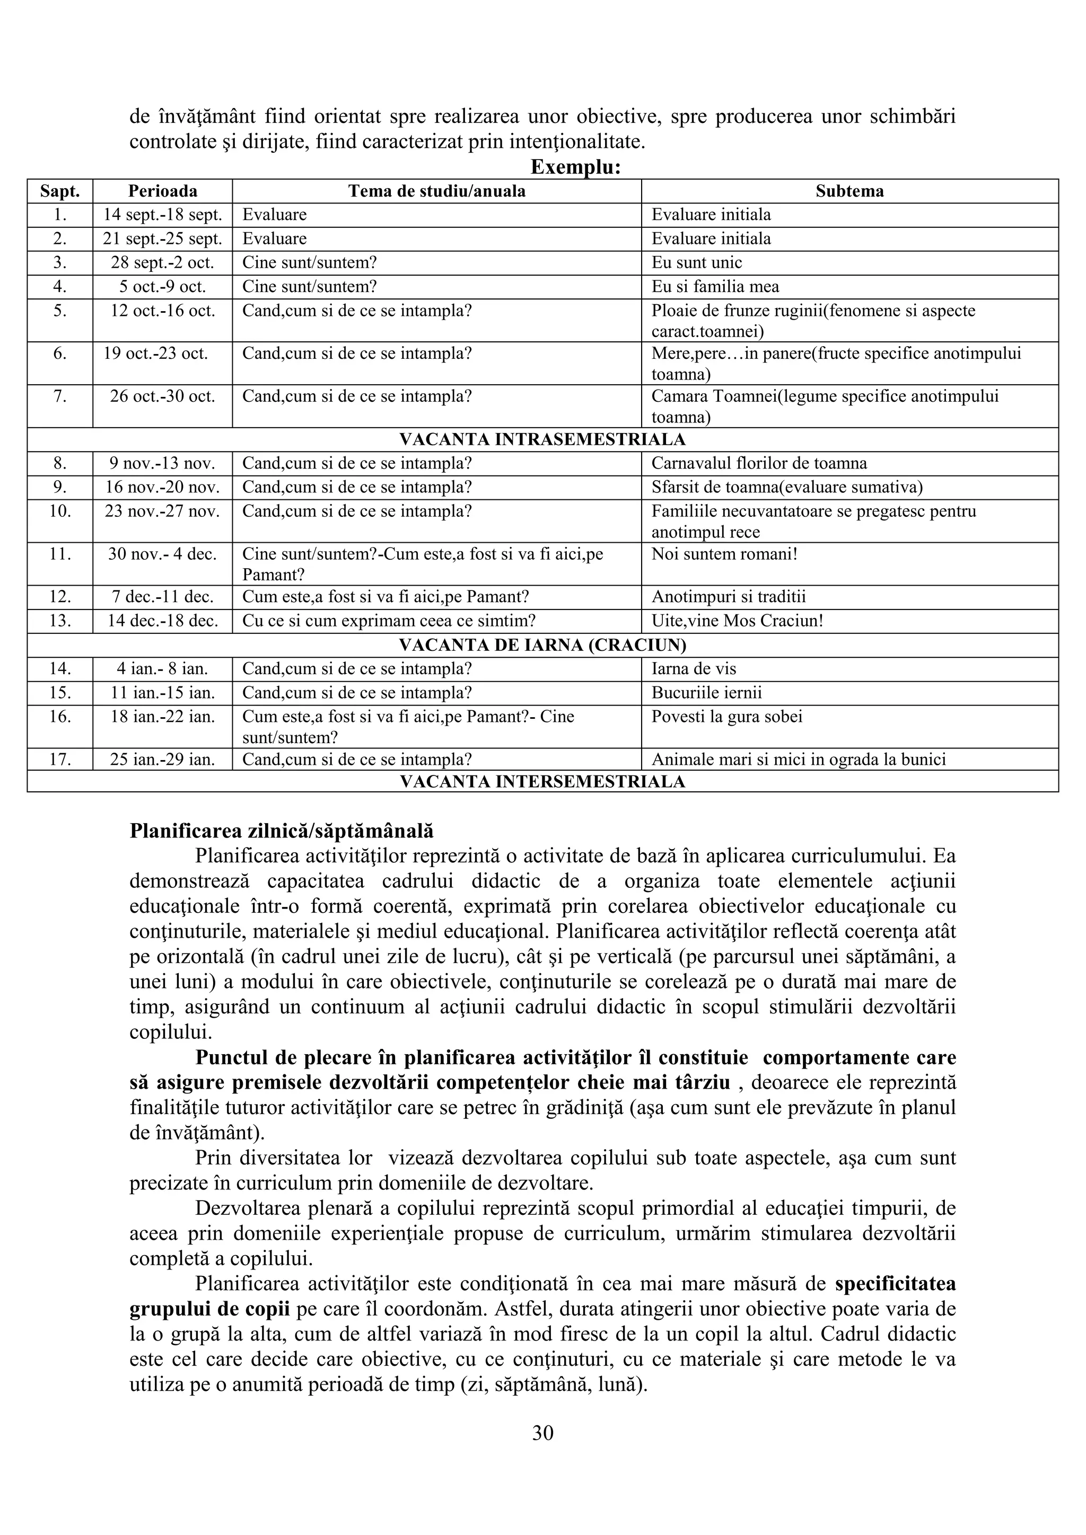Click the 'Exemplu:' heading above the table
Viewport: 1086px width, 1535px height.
point(576,166)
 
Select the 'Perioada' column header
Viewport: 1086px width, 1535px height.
point(162,191)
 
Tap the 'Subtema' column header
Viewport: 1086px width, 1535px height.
point(849,191)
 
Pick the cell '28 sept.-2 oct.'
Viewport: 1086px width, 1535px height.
point(162,263)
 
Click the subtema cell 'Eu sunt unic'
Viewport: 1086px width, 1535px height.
point(697,263)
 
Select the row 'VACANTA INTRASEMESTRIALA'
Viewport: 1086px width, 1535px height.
point(542,439)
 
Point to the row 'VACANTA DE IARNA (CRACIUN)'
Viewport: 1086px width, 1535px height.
point(542,645)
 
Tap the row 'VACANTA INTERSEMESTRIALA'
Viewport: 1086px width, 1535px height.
point(542,781)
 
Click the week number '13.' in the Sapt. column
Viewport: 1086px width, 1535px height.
point(60,621)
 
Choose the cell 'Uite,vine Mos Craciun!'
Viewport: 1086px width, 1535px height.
point(737,621)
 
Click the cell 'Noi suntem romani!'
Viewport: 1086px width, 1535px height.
point(725,554)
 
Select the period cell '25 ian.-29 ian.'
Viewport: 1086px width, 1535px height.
point(162,760)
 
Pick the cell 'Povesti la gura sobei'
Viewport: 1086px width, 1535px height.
point(727,717)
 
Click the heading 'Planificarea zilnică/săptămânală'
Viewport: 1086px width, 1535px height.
point(282,831)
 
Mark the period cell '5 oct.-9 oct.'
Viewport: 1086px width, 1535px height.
point(162,287)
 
